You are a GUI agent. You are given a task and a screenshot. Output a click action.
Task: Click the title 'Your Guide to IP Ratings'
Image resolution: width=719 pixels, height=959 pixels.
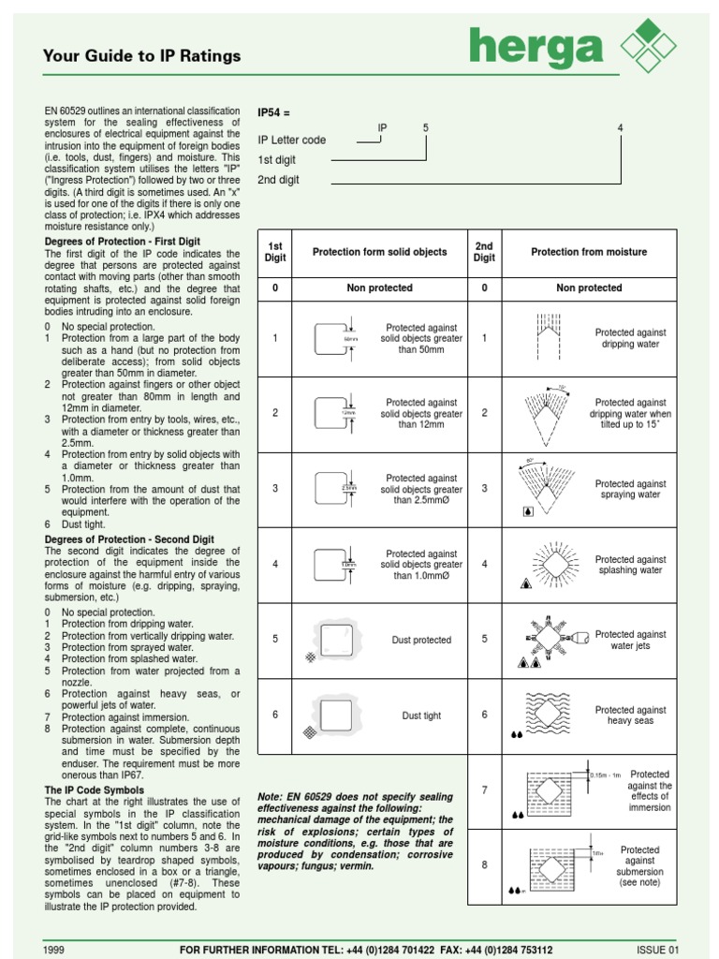click(x=141, y=56)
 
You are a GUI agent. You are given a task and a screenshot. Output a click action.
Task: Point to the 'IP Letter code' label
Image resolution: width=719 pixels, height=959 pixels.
click(x=292, y=140)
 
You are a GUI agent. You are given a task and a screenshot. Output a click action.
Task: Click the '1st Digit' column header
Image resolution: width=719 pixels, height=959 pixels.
click(x=275, y=252)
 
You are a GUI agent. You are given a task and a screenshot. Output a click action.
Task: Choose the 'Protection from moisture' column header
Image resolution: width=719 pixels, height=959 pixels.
click(x=589, y=252)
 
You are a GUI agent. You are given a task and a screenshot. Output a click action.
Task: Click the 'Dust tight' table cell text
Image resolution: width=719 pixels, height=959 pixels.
click(x=421, y=716)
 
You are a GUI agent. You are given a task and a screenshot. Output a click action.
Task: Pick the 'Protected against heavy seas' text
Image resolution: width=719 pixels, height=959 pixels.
click(x=631, y=716)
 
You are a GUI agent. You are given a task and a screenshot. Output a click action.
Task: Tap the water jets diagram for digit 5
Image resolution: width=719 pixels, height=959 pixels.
click(x=546, y=640)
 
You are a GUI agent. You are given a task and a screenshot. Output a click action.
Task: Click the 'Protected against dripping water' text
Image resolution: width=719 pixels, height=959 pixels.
click(x=631, y=338)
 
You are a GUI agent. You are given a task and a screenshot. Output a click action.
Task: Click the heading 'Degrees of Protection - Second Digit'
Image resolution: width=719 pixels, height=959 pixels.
click(x=129, y=539)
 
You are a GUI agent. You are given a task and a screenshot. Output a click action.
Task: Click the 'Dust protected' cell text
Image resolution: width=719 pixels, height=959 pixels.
click(x=421, y=641)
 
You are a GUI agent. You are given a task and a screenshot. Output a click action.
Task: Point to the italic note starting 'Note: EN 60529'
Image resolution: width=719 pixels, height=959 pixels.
click(x=356, y=831)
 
